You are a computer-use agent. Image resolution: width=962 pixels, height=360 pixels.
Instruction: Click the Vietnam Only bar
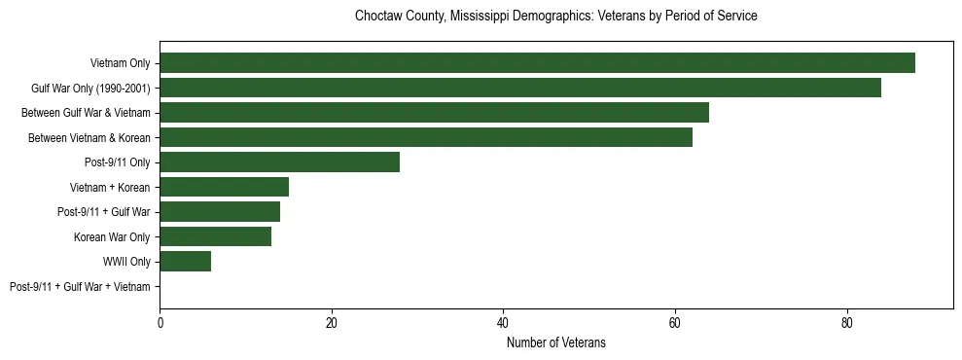pyautogui.click(x=537, y=63)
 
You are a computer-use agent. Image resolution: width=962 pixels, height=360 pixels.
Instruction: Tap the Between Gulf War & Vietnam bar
pyautogui.click(x=434, y=113)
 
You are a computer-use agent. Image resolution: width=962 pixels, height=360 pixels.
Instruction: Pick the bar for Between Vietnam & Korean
pyautogui.click(x=426, y=137)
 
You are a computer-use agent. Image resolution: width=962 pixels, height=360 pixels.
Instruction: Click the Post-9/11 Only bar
pyautogui.click(x=280, y=162)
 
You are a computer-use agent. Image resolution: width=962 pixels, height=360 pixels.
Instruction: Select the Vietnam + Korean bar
pyautogui.click(x=224, y=187)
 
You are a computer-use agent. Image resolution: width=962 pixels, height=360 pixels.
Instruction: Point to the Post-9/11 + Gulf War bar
pyautogui.click(x=220, y=212)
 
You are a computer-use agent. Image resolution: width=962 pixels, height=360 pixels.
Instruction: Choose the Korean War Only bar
pyautogui.click(x=215, y=236)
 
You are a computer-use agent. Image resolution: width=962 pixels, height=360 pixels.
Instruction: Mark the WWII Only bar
pyautogui.click(x=185, y=262)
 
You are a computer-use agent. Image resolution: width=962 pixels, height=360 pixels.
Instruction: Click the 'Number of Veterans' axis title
pyautogui.click(x=556, y=342)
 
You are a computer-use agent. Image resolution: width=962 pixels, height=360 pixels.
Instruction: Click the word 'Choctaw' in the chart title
pyautogui.click(x=377, y=17)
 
